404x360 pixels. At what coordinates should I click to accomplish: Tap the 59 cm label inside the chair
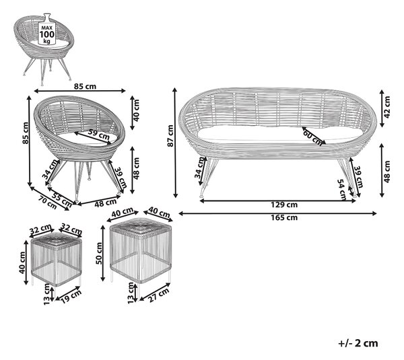(98, 134)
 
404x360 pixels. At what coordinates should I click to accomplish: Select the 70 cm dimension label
(47, 202)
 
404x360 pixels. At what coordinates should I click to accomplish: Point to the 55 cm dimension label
(61, 199)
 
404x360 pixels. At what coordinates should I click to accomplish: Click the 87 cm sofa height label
(170, 136)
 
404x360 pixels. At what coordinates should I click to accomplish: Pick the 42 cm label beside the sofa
(387, 107)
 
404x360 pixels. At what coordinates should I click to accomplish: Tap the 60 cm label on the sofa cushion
(312, 138)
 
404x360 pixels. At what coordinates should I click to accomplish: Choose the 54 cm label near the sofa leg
(342, 190)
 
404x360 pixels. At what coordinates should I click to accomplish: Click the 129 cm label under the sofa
(284, 205)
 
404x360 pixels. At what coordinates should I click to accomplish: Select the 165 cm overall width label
(284, 217)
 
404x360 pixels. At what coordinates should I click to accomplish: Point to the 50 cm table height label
(99, 253)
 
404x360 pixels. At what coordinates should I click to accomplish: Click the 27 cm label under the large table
(159, 295)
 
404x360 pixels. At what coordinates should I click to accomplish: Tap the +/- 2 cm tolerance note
(358, 343)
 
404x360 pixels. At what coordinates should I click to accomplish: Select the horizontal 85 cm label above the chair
(85, 86)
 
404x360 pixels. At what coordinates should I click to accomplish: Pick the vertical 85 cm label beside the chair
(26, 133)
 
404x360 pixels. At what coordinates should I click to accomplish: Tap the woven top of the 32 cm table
(56, 242)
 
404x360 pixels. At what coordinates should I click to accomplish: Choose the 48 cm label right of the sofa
(387, 172)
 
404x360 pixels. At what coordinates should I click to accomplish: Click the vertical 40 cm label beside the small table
(22, 262)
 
